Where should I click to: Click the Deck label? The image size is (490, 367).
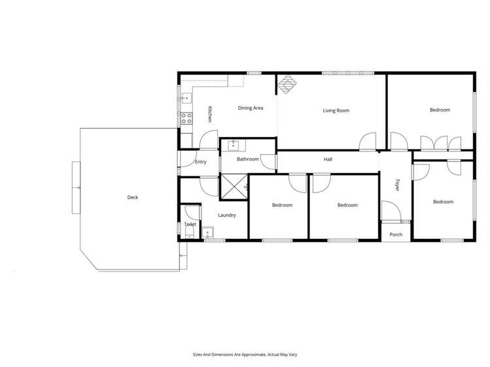[x=133, y=197]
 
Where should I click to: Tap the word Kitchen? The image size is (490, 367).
[x=209, y=115]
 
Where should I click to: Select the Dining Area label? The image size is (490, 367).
[x=250, y=108]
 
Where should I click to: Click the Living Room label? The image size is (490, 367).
[x=336, y=110]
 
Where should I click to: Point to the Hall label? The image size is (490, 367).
[x=328, y=159]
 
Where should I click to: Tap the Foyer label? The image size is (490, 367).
[x=396, y=185]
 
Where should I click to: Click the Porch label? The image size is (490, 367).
[x=396, y=234]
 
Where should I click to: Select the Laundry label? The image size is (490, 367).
[x=227, y=215]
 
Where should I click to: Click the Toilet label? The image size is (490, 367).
[x=190, y=224]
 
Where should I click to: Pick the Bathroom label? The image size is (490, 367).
[x=248, y=159]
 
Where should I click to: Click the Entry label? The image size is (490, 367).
[x=200, y=162]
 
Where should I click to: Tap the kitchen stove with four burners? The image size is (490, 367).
[x=186, y=119]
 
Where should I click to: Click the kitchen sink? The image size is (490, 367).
[x=186, y=99]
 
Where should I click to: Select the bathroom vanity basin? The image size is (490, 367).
[x=232, y=146]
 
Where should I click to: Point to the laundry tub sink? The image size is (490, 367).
[x=208, y=231]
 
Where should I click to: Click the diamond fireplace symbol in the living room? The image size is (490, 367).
[x=285, y=84]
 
